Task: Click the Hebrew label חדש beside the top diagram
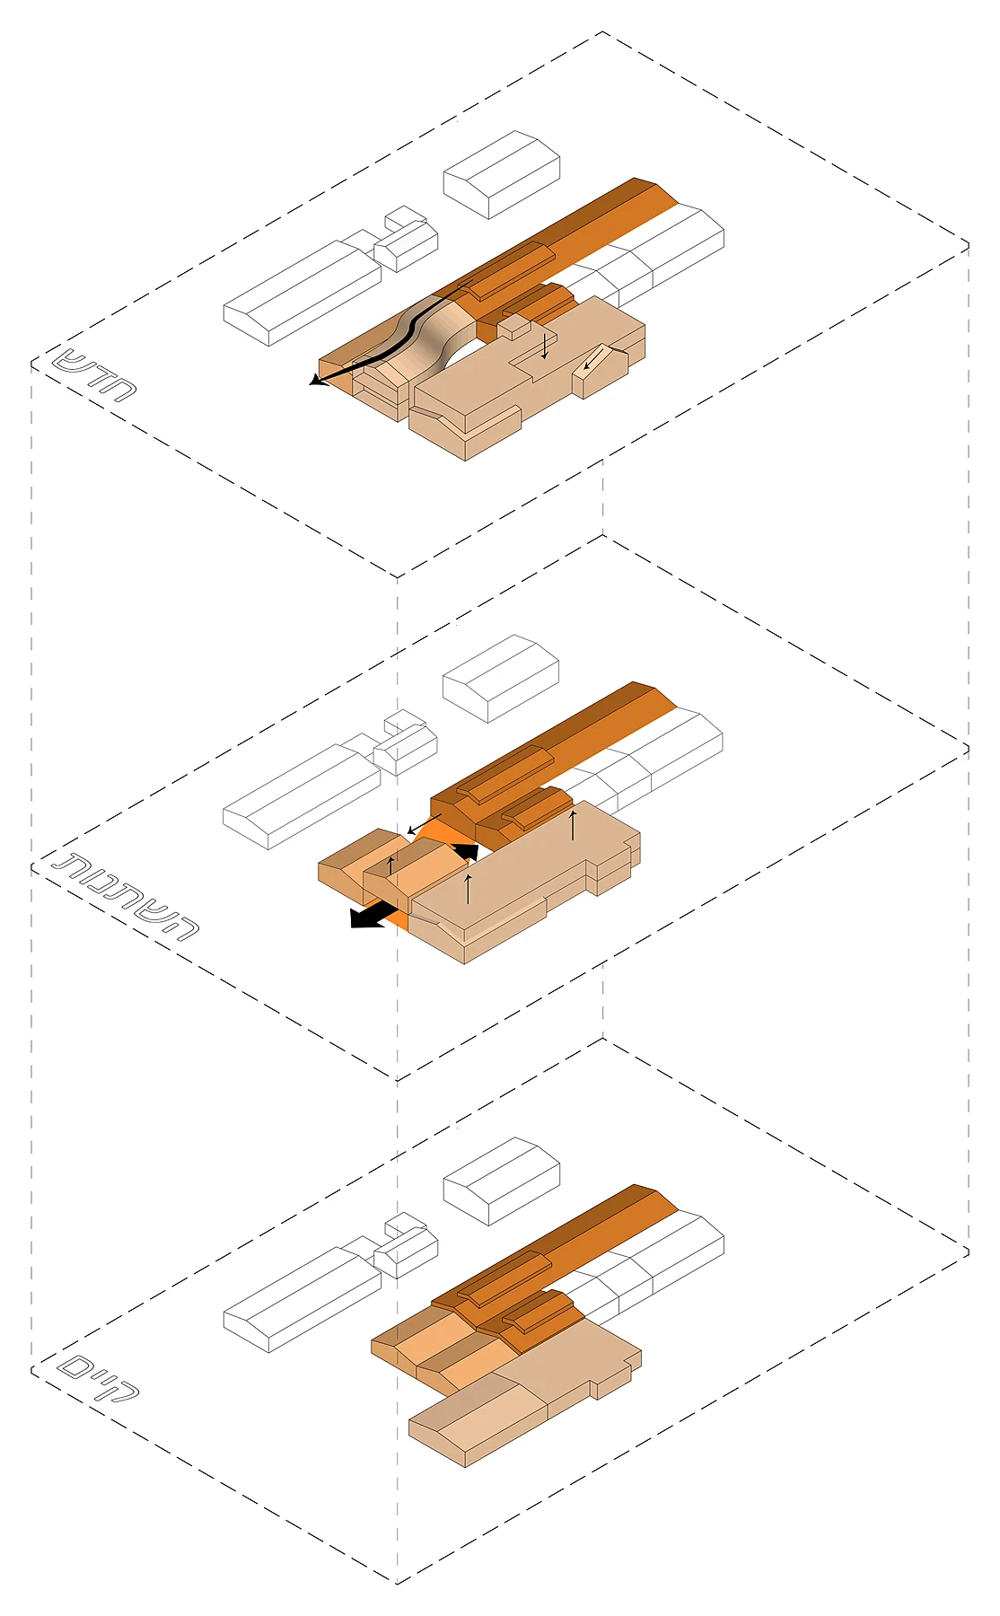pos(93,373)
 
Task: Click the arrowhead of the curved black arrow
pos(315,381)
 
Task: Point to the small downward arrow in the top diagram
pos(544,345)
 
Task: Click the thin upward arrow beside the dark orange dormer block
pos(573,824)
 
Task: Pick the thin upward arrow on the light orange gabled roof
pos(390,865)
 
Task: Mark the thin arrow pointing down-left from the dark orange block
pos(424,824)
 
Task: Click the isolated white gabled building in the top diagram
pos(502,174)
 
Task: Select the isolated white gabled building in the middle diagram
pos(501,679)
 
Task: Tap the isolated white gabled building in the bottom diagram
pos(502,1181)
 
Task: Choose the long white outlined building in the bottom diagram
pos(303,1299)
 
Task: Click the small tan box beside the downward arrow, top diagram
pos(514,328)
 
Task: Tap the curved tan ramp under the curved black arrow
pos(431,337)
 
